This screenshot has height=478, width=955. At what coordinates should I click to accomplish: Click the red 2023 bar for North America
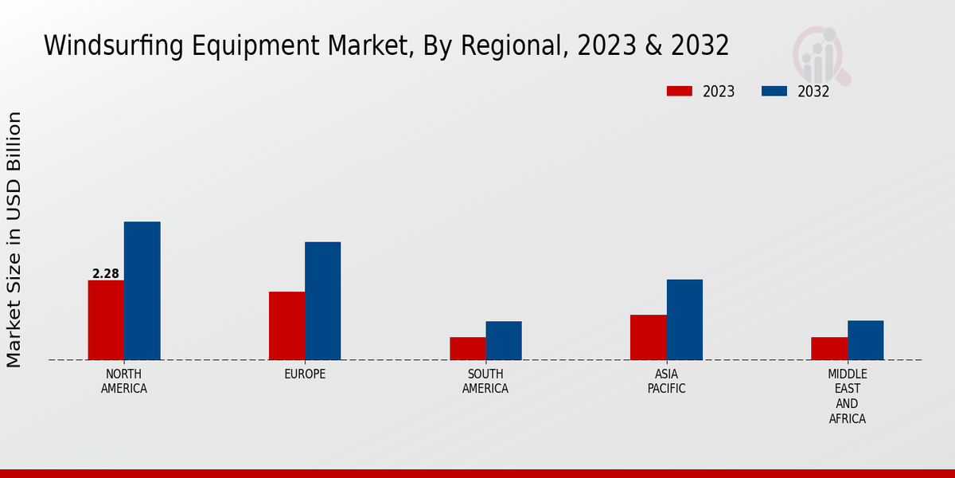(106, 319)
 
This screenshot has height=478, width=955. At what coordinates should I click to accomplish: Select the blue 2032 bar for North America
(142, 291)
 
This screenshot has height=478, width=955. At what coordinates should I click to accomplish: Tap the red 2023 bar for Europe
(286, 326)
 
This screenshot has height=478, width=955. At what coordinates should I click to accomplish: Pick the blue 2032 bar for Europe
(323, 300)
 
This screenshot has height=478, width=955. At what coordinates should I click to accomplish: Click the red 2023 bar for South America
(467, 348)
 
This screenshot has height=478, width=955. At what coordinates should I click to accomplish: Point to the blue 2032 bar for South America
(504, 340)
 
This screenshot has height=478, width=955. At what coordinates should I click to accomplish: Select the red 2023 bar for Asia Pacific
(649, 337)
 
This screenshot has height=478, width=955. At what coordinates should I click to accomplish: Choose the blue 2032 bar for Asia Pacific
(684, 319)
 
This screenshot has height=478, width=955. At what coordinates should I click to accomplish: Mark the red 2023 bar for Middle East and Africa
(829, 348)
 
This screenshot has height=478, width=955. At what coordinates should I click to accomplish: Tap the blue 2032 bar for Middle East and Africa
(866, 340)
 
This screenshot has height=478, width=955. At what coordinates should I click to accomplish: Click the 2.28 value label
(106, 274)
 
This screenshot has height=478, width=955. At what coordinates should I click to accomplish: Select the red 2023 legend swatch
(680, 92)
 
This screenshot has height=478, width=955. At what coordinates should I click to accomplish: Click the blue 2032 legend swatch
(774, 92)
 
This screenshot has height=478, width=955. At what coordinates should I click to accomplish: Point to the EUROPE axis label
(305, 374)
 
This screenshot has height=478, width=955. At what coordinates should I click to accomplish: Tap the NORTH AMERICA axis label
(124, 382)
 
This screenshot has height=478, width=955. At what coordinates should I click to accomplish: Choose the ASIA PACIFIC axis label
(667, 382)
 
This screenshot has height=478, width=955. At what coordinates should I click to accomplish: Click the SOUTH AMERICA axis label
(485, 382)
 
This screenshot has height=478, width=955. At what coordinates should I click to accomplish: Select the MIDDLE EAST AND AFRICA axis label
(848, 396)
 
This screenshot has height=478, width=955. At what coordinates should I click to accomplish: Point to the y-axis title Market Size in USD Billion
(14, 239)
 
